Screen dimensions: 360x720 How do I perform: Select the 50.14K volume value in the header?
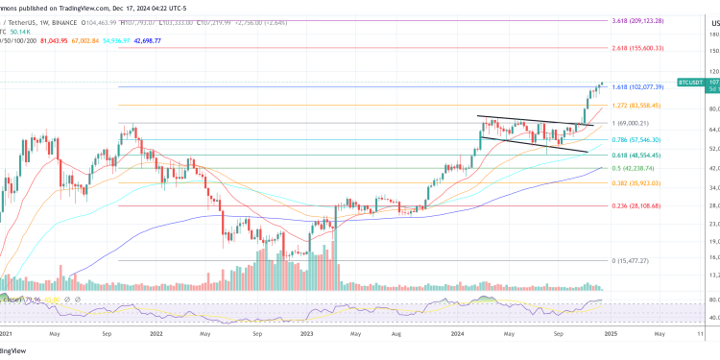[x=18, y=30]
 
